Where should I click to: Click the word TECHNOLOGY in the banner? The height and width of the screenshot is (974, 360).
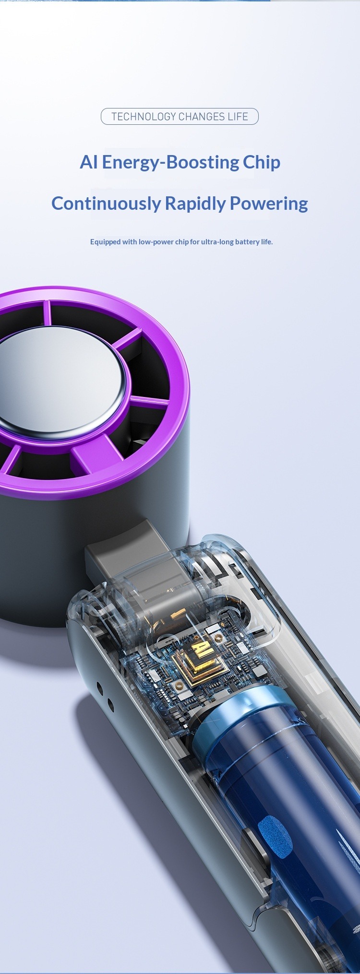click(144, 117)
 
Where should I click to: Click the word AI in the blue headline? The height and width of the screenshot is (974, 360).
click(89, 162)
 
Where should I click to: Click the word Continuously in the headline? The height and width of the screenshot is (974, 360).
click(106, 204)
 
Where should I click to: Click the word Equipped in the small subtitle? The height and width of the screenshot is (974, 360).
click(105, 241)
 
